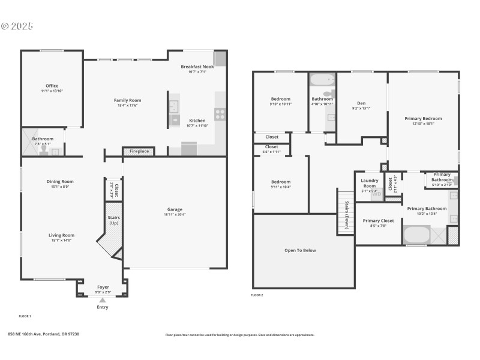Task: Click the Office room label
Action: [x=52, y=86]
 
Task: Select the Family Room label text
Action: [x=127, y=100]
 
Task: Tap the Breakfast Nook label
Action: [x=197, y=67]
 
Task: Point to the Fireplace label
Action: [x=139, y=151]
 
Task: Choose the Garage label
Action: [x=175, y=209]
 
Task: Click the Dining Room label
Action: [x=60, y=181]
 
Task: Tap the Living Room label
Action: [x=61, y=235]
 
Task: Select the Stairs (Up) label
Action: [x=113, y=220]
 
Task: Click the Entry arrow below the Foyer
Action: [x=102, y=300]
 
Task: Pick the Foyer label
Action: [x=103, y=287]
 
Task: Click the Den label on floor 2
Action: [x=361, y=103]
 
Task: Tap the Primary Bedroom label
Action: [x=427, y=119]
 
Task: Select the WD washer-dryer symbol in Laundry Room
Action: [x=377, y=194]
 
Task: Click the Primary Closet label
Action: [x=378, y=221]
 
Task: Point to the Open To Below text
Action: [x=300, y=250]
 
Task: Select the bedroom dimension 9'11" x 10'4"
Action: [x=281, y=187]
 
